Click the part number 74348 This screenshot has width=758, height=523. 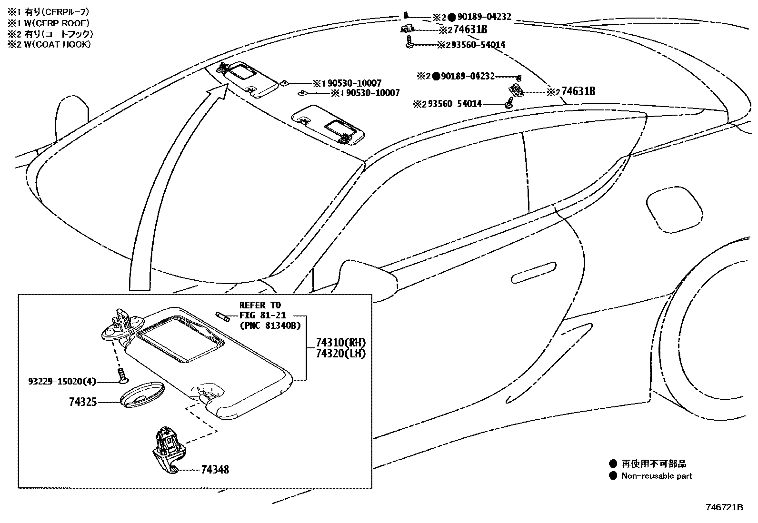pyautogui.click(x=215, y=470)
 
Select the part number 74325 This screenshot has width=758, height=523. pyautogui.click(x=83, y=403)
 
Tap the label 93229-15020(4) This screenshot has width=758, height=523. pyautogui.click(x=62, y=381)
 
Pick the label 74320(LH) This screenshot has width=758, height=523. pyautogui.click(x=340, y=354)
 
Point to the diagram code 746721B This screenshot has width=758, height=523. pyautogui.click(x=725, y=507)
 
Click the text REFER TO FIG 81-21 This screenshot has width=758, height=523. pyautogui.click(x=260, y=310)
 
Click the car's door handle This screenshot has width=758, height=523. pyautogui.click(x=533, y=271)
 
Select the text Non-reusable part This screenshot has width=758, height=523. pyautogui.click(x=657, y=476)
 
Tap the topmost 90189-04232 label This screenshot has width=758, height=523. pyautogui.click(x=481, y=17)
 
